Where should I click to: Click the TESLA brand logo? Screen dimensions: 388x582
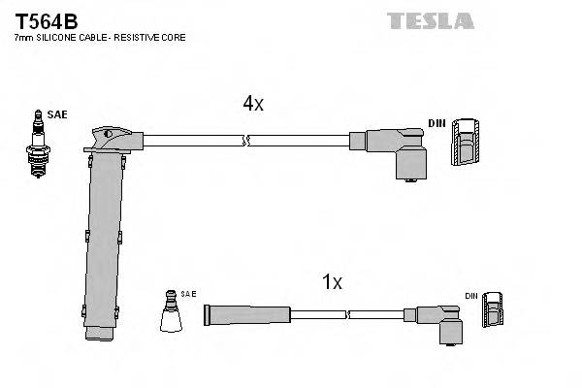430,20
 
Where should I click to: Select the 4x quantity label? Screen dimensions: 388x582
252,104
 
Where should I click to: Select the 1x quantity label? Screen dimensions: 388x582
332,282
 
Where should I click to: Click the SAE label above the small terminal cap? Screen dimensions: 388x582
187,294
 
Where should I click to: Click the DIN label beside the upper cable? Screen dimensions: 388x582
436,123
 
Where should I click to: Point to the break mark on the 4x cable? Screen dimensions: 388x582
247,141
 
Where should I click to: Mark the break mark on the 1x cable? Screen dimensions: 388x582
346,313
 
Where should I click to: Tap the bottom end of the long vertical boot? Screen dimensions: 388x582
100,335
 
